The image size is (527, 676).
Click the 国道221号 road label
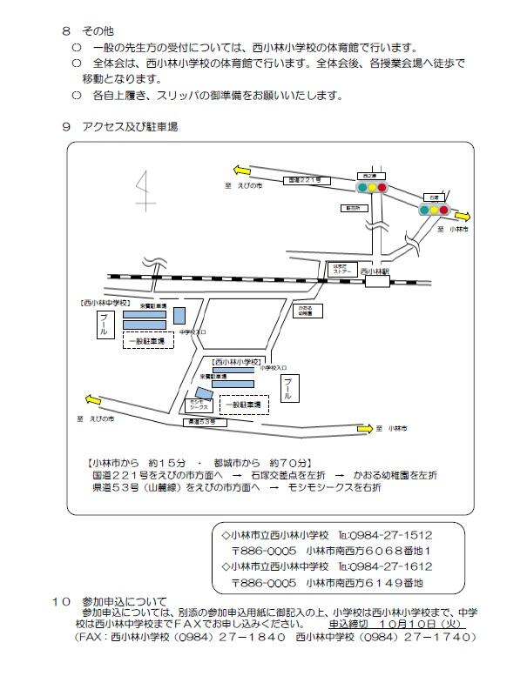coord(304,180)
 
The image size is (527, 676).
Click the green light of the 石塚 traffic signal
coord(424,210)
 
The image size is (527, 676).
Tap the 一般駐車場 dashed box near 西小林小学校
coord(243,405)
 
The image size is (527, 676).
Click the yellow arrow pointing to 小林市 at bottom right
coord(372,428)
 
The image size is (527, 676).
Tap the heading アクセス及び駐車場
coord(132,126)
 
